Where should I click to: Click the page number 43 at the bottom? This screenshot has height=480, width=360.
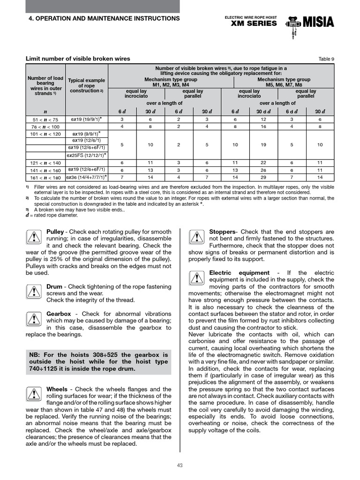point(180,465)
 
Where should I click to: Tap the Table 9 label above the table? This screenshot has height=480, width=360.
point(326,59)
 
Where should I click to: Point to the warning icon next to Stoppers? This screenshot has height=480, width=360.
point(196,238)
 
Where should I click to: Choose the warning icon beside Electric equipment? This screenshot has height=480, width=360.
point(196,278)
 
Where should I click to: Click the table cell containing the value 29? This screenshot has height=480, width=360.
point(263,178)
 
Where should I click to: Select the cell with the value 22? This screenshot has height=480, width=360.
point(263,163)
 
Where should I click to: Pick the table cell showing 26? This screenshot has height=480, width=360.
point(263,170)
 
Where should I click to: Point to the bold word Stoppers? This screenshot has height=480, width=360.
point(223,232)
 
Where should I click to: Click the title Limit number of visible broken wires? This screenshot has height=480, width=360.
point(77,59)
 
